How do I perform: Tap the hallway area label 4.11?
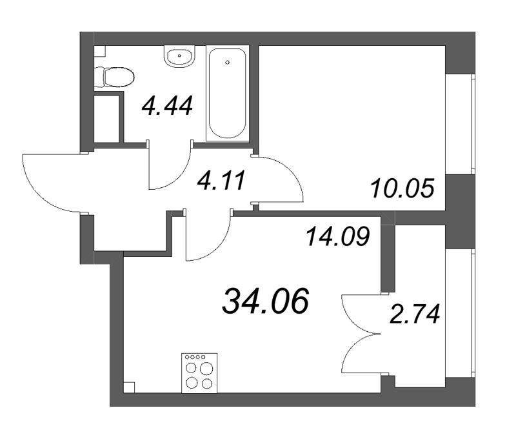tap(221, 181)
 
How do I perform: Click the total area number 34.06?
tap(266, 301)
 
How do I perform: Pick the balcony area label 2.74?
tap(415, 315)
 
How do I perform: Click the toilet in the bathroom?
tap(114, 78)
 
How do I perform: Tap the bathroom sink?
tap(180, 57)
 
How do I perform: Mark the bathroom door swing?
tap(169, 169)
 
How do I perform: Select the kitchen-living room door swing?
tap(206, 239)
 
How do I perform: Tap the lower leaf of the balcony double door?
tap(359, 355)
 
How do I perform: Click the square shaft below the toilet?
tap(107, 118)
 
